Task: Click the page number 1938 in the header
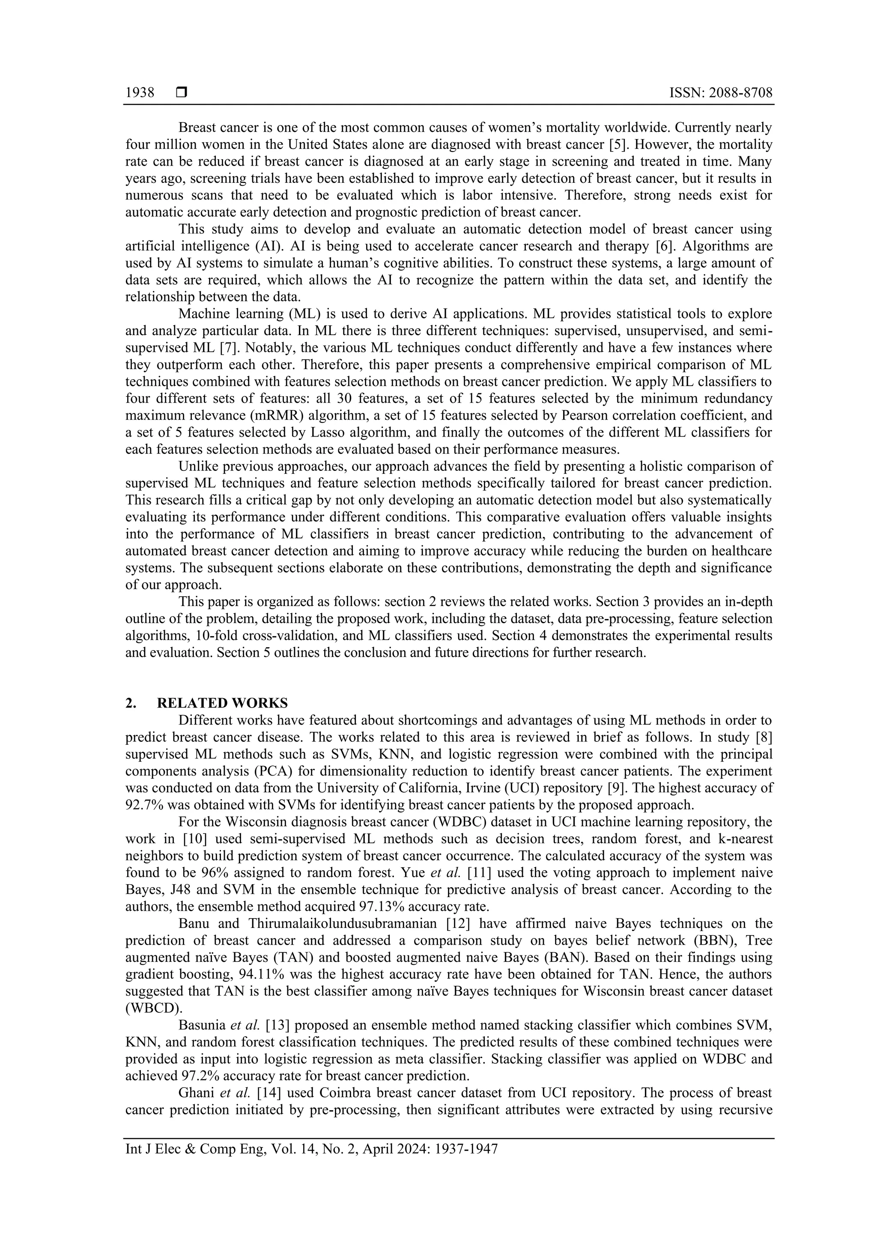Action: click(x=140, y=93)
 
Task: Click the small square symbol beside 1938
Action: click(x=181, y=93)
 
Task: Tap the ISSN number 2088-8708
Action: click(x=739, y=93)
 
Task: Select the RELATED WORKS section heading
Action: click(x=222, y=703)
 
